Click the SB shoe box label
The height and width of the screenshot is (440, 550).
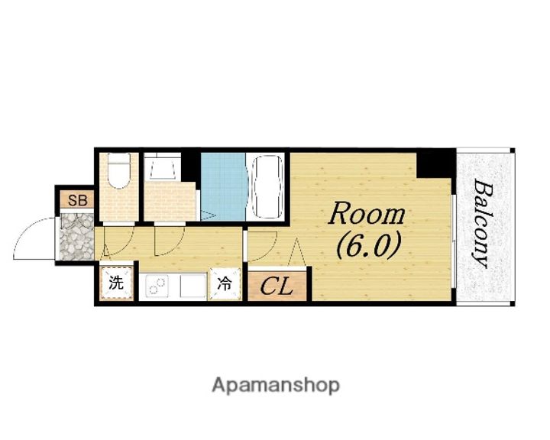(77, 200)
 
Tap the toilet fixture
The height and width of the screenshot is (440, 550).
(119, 170)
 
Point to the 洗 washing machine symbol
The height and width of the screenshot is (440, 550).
(116, 283)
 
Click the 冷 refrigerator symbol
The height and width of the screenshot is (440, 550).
(225, 283)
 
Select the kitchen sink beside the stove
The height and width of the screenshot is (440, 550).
(192, 286)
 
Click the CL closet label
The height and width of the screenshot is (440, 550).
(277, 286)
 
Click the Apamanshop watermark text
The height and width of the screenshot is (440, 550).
(276, 386)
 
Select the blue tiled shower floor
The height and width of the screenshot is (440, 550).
(223, 186)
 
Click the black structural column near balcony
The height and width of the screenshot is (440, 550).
(435, 164)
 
